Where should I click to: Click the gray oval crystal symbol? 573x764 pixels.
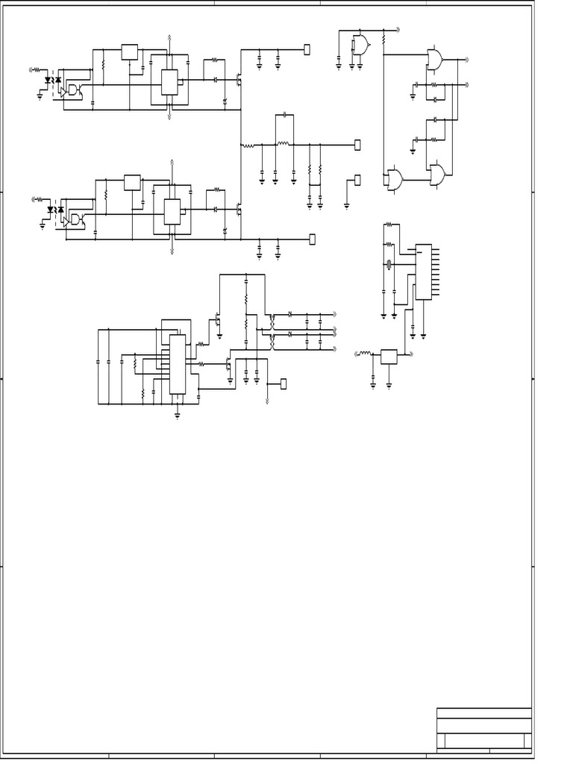388,263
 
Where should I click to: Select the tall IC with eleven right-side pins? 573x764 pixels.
423,272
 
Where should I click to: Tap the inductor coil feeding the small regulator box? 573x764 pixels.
366,353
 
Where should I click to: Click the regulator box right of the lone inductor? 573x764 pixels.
389,356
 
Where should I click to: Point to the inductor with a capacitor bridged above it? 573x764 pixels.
283,143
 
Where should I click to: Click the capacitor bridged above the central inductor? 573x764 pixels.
284,116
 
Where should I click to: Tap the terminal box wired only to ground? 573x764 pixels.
357,180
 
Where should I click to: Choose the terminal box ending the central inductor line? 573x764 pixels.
357,144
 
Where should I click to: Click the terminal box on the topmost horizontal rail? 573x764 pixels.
307,49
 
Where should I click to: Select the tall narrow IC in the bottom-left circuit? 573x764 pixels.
178,363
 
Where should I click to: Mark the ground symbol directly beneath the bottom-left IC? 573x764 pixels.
178,416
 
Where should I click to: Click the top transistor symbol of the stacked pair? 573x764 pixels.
217,321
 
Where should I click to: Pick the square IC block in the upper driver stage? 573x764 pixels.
169,81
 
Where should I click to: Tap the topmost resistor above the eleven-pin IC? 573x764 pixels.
388,225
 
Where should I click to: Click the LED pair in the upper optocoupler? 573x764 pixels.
53,80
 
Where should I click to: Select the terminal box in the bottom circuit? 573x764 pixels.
283,383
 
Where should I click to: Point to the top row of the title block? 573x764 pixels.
483,713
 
